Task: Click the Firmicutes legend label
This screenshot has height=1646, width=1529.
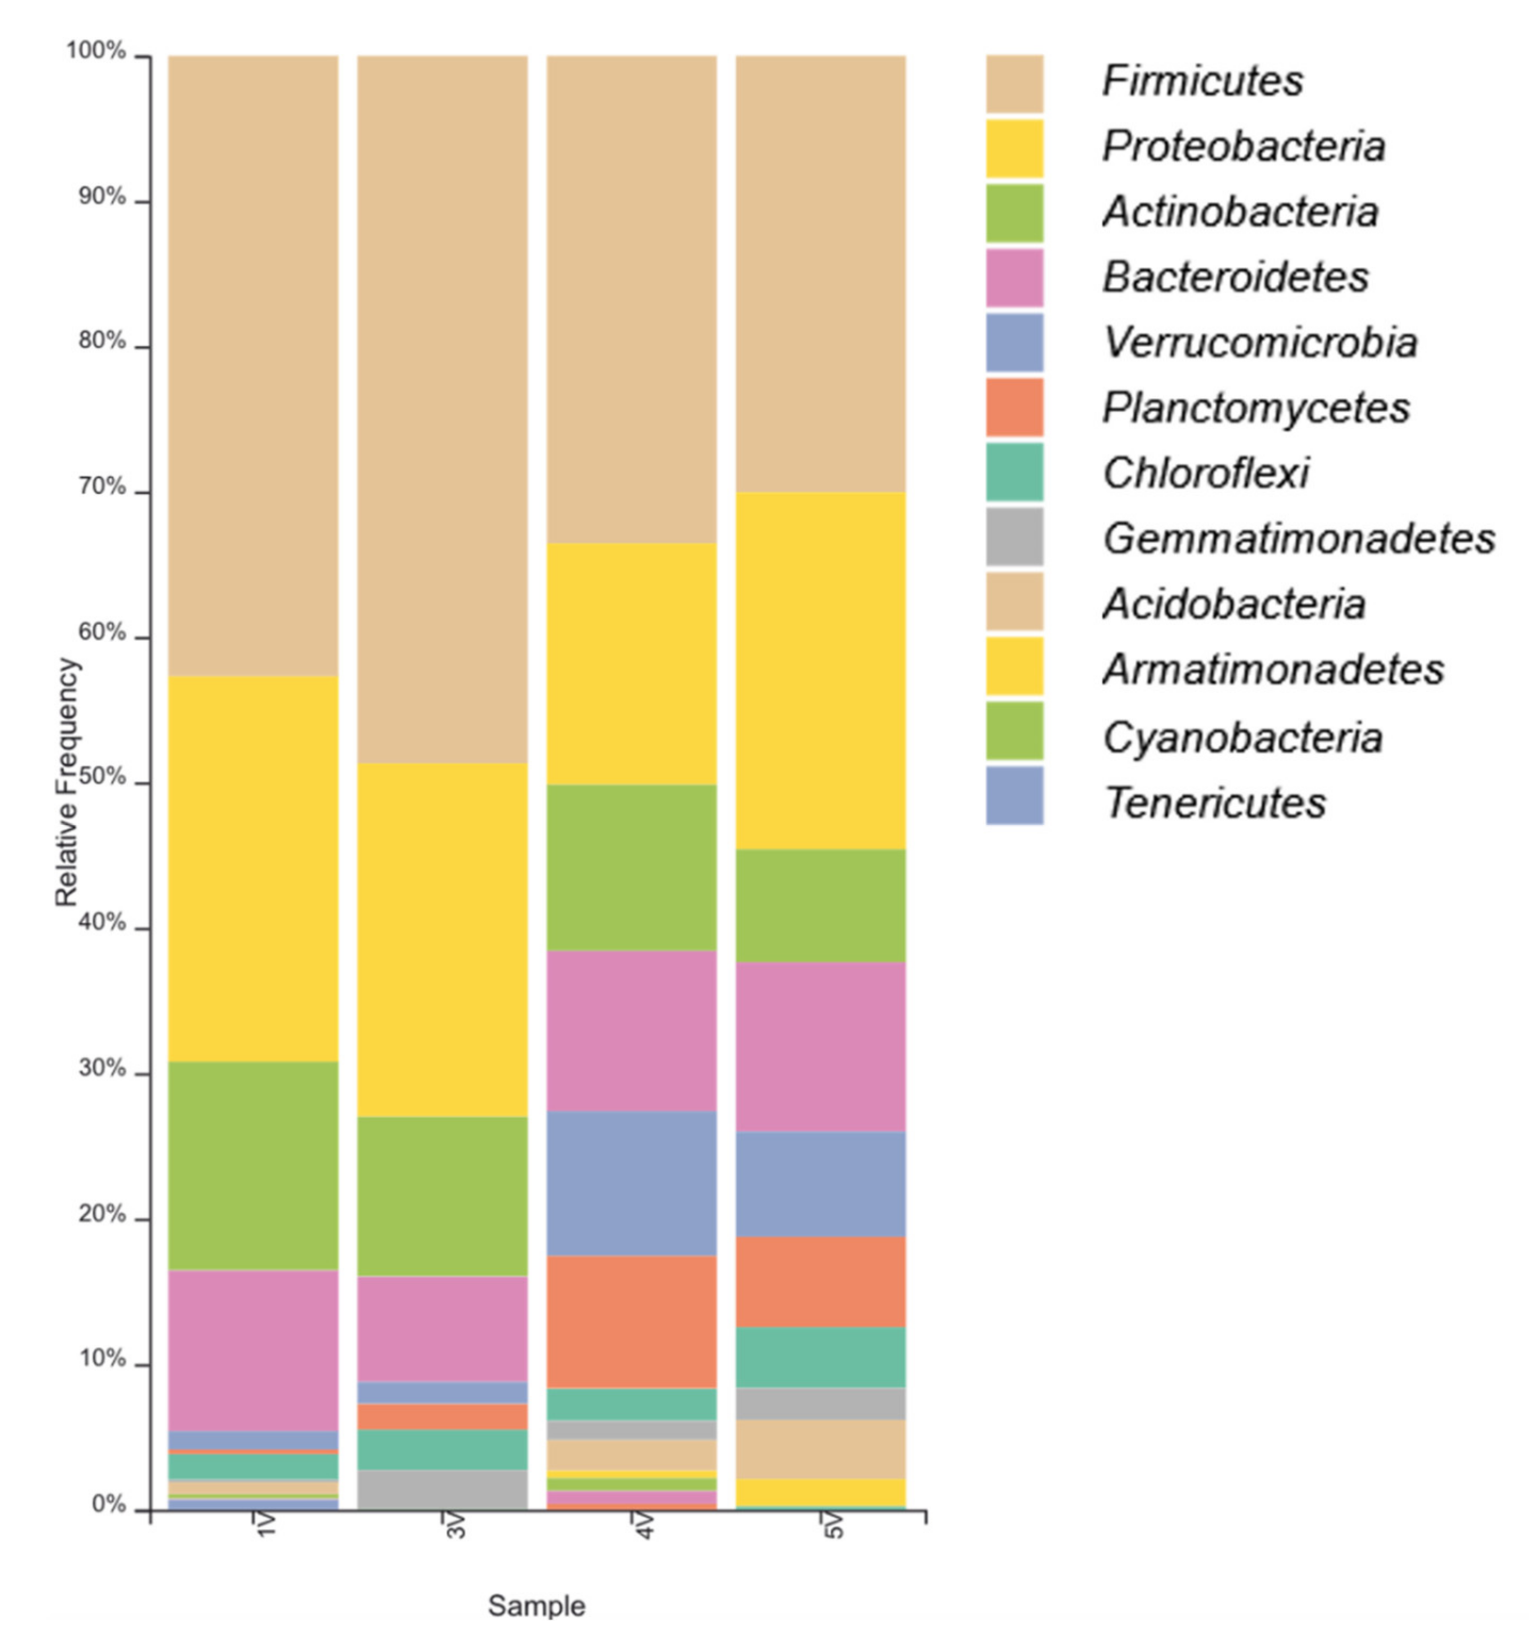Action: click(1202, 81)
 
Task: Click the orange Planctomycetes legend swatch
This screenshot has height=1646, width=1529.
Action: click(1015, 407)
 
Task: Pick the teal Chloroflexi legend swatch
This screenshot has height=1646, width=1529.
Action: click(1015, 472)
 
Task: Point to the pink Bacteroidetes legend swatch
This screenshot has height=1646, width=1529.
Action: click(1015, 277)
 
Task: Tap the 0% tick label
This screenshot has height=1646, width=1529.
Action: click(109, 1504)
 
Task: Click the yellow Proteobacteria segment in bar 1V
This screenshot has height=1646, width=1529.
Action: click(253, 869)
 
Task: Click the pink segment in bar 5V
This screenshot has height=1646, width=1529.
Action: click(821, 1046)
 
